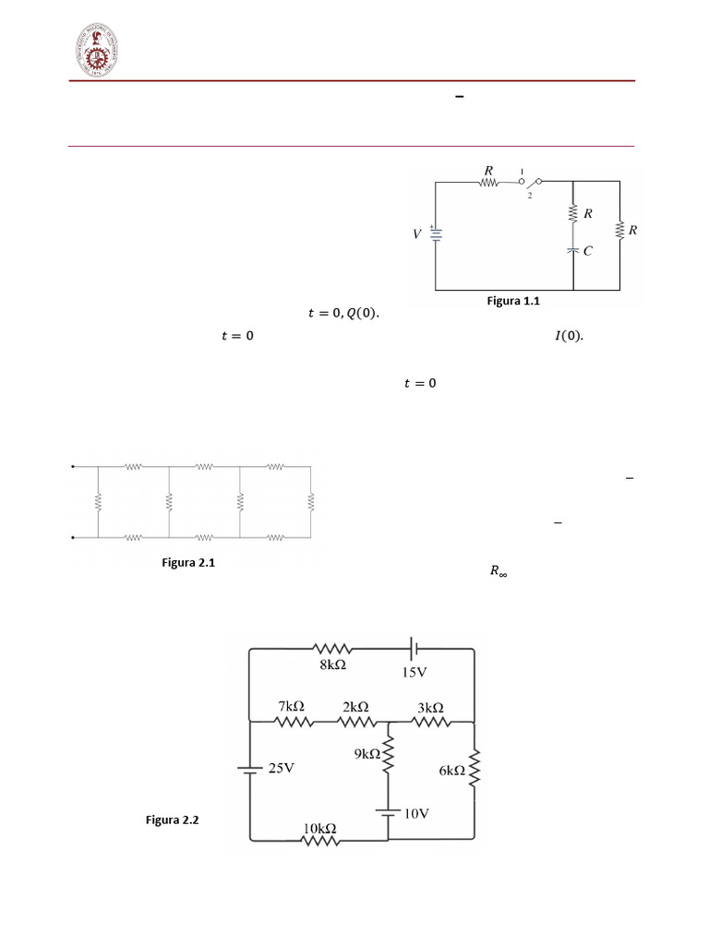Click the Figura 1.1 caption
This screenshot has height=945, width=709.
(x=511, y=301)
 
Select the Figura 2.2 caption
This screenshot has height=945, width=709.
(x=173, y=819)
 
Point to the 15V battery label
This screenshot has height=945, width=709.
(x=415, y=673)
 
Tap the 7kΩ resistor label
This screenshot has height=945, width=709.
(x=292, y=706)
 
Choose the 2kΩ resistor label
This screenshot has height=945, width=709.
(x=357, y=706)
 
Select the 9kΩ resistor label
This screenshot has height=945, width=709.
(x=367, y=754)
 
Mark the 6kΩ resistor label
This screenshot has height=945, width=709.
(x=451, y=771)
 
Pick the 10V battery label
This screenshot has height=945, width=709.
(x=416, y=813)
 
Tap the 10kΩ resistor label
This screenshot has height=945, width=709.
(x=319, y=829)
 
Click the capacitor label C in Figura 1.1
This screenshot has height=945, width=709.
(x=587, y=249)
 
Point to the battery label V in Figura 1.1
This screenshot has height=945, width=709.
(x=416, y=234)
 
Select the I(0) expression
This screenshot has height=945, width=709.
(x=569, y=336)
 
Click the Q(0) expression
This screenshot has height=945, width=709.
(x=362, y=314)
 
